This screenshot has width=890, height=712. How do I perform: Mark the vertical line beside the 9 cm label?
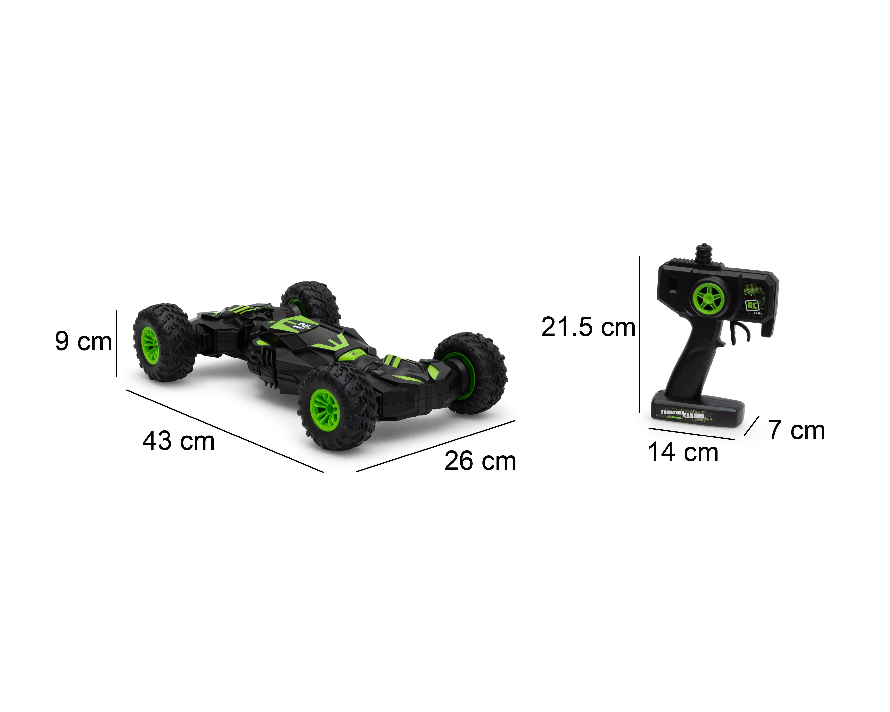[x=116, y=343]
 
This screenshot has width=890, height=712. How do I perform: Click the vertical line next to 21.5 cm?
[x=639, y=334]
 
